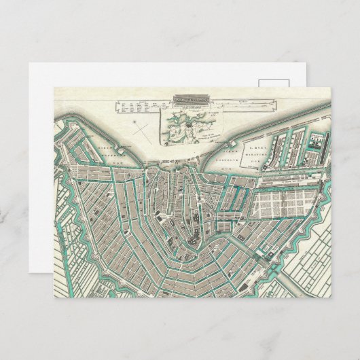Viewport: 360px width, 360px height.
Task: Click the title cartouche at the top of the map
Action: point(191,98)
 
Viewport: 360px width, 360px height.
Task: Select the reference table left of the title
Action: point(140,106)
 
